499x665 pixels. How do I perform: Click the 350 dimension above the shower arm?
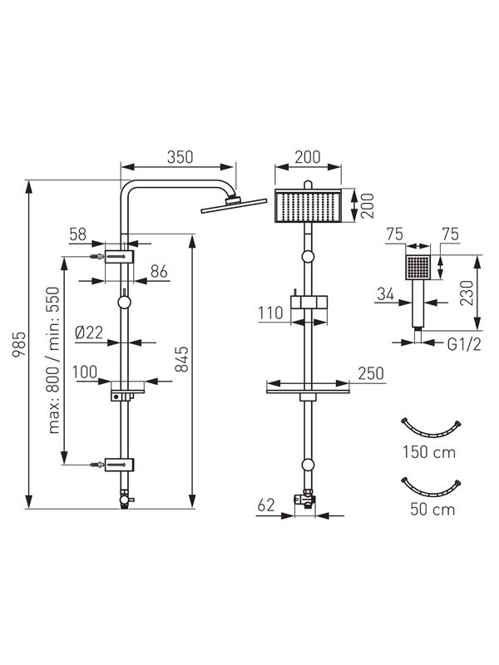(x=180, y=157)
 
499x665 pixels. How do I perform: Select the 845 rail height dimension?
(x=182, y=359)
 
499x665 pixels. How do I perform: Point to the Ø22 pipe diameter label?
(x=89, y=332)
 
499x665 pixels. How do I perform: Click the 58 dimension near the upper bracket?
(x=77, y=234)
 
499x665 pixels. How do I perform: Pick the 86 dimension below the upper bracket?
(x=159, y=272)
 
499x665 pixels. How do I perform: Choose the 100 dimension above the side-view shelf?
(x=85, y=372)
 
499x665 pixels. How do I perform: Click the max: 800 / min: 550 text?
(x=54, y=360)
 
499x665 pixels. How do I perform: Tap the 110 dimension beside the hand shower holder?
(x=270, y=313)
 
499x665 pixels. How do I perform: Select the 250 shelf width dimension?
(x=371, y=373)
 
